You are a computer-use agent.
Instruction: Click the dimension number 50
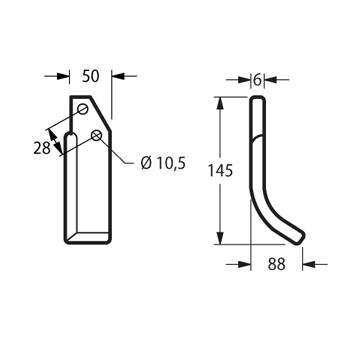coord(91,76)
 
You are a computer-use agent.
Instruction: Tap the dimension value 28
coord(42,148)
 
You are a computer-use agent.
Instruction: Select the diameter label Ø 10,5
coord(163,163)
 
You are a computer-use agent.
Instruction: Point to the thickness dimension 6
coord(257,80)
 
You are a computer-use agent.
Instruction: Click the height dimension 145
coord(220,171)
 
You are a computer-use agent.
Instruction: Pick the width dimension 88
coord(277,264)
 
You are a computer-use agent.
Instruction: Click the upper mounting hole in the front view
coord(83,109)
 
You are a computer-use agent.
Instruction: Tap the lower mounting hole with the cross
coord(96,135)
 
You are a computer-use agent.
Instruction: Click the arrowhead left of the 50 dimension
coord(63,76)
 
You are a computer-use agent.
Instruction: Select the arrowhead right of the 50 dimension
coord(118,76)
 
